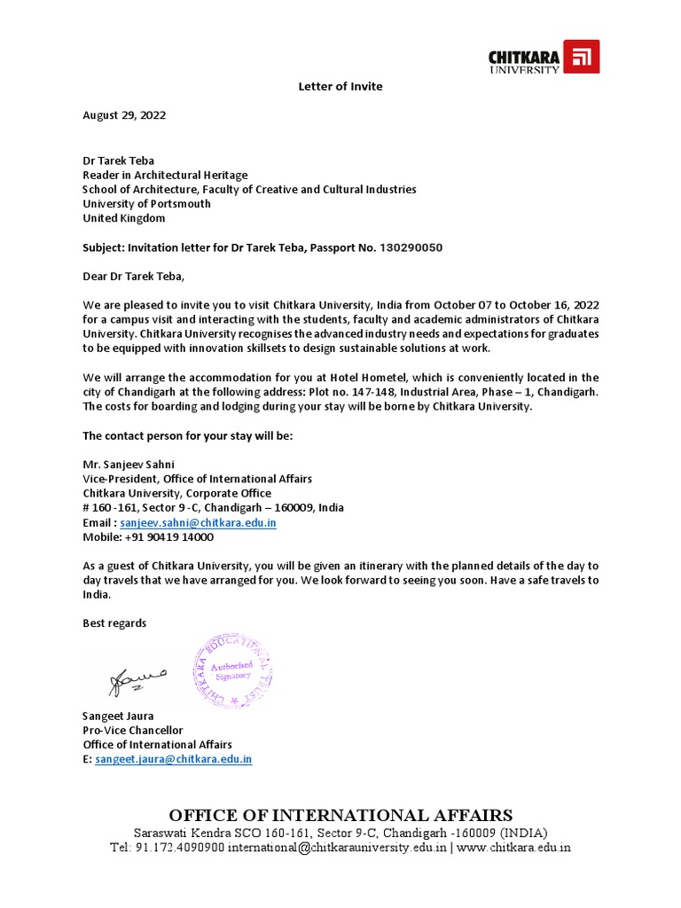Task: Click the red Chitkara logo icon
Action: (582, 58)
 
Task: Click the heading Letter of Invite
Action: (340, 86)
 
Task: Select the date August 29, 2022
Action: (124, 115)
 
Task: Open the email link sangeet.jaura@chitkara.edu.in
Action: (174, 759)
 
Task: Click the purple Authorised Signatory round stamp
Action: (233, 671)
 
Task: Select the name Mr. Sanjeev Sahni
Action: (129, 465)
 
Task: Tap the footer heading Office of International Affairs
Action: (340, 815)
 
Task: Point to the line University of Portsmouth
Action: (147, 203)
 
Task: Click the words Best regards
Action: (114, 623)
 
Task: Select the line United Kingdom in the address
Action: (124, 218)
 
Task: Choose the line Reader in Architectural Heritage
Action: (166, 175)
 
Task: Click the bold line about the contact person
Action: (187, 436)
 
